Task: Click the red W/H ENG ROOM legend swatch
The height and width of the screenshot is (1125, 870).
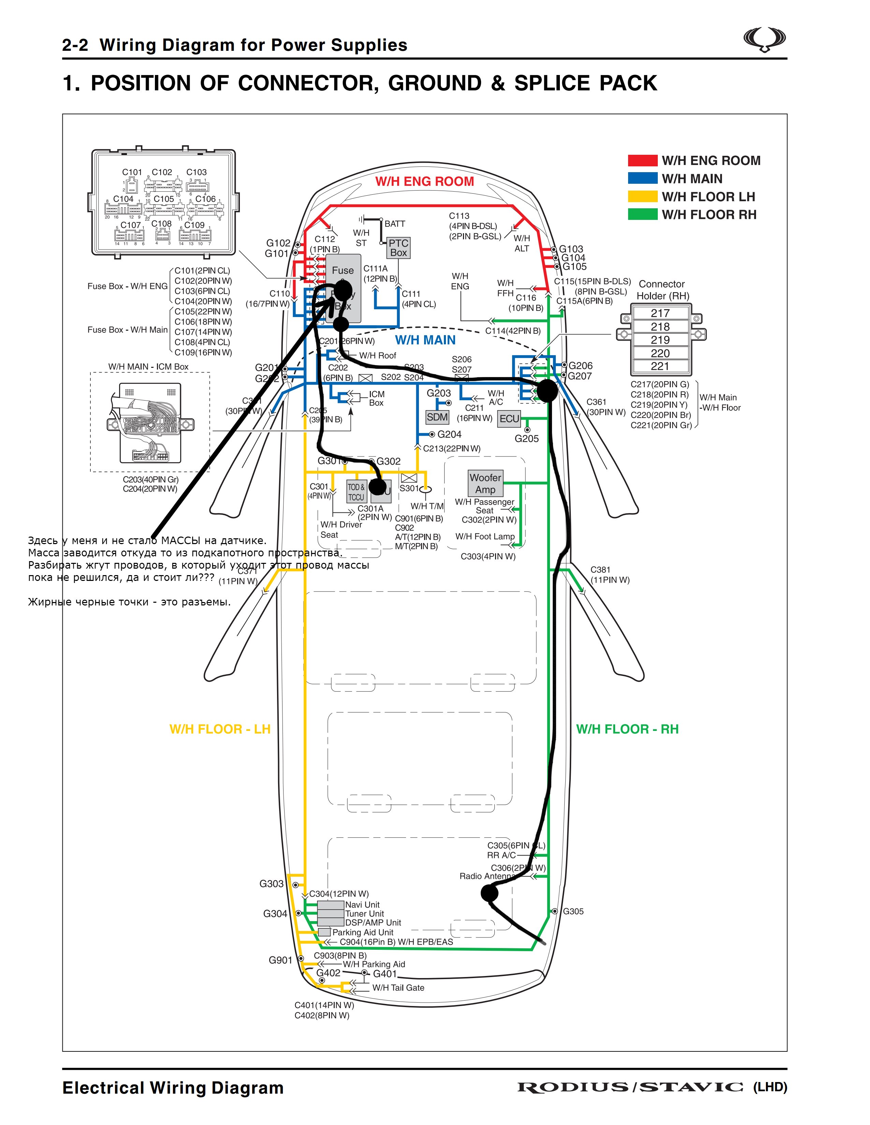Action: click(x=642, y=160)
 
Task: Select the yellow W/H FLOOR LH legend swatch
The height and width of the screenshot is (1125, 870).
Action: click(x=642, y=196)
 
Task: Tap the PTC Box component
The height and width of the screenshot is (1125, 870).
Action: click(x=398, y=248)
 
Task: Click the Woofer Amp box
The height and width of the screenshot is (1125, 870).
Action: click(x=485, y=483)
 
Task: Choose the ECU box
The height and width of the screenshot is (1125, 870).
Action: click(x=509, y=419)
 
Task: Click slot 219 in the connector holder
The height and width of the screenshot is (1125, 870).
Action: click(x=660, y=340)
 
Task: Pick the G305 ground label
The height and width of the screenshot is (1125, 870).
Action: click(x=573, y=911)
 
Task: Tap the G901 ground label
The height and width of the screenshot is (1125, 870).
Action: click(x=280, y=960)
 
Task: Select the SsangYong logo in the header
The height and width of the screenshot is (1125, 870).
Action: click(x=764, y=40)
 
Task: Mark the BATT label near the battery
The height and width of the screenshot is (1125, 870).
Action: click(x=395, y=224)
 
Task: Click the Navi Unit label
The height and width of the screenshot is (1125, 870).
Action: click(x=362, y=904)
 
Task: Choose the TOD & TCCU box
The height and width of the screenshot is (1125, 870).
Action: click(x=356, y=492)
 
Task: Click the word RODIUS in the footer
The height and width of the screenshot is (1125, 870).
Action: click(x=572, y=1087)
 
